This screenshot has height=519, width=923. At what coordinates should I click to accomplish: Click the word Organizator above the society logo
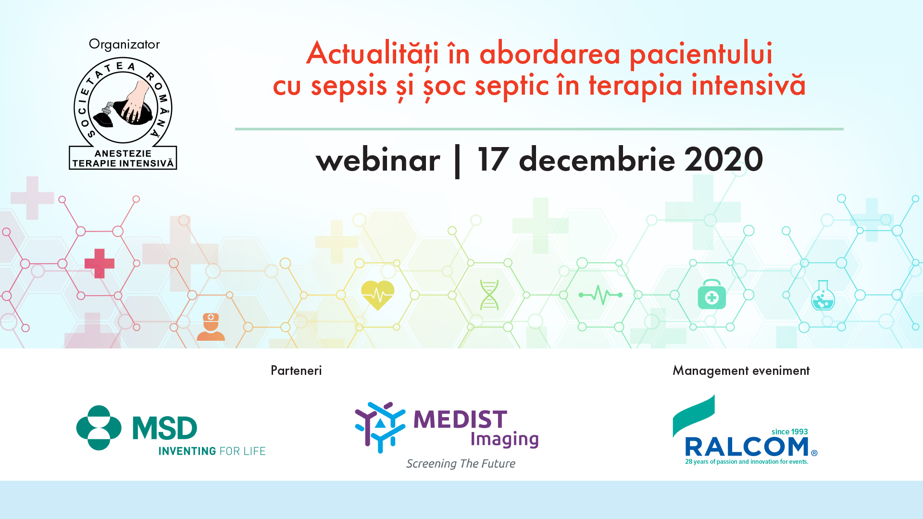124,45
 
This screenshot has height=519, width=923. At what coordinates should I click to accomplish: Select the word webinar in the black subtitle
378,160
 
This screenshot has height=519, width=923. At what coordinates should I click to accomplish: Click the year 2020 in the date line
723,159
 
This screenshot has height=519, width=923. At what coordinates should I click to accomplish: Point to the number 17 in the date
493,159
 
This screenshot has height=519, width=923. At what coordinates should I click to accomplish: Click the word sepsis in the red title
349,86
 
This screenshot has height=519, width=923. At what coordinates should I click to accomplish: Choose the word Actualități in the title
373,54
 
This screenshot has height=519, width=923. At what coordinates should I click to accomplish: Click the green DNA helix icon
489,295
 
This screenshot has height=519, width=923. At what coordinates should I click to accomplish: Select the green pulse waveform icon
600,295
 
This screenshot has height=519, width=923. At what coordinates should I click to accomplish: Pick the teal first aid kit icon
712,294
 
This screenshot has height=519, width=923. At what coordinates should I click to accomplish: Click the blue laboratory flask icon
823,296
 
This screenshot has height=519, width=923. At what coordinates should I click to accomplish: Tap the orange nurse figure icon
211,327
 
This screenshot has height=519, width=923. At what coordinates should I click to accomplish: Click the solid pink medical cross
100,263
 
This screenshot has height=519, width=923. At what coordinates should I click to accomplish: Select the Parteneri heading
296,371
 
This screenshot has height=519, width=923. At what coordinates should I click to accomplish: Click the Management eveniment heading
741,371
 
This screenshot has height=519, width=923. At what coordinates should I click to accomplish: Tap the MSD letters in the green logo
165,428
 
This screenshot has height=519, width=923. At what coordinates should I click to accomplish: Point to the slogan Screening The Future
461,464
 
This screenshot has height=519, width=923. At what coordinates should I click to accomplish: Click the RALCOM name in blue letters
747,447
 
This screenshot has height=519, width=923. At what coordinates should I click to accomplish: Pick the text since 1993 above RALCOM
790,432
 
